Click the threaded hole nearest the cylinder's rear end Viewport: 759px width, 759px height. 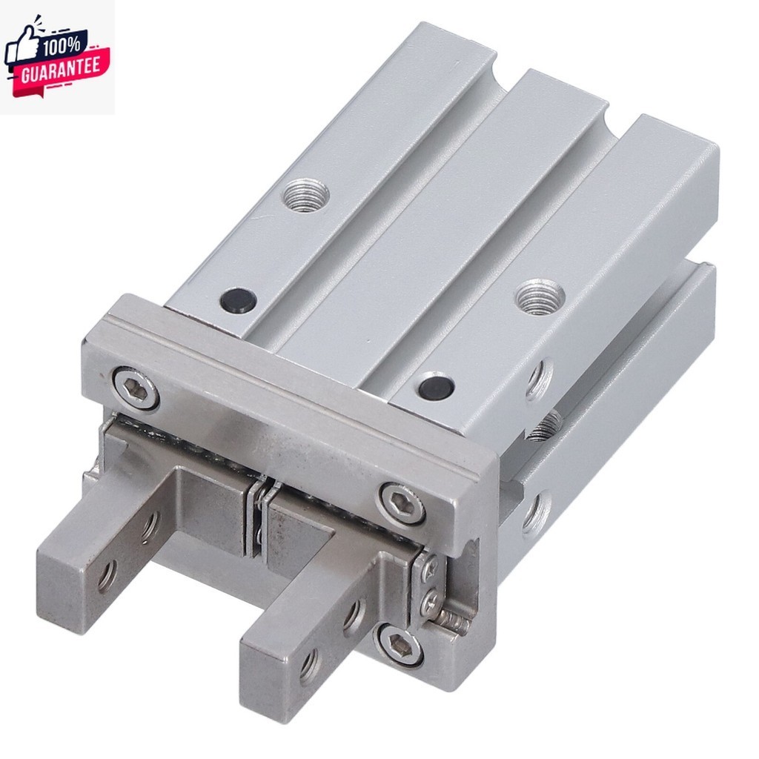pyautogui.click(x=306, y=194)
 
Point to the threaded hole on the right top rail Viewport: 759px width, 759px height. pyautogui.click(x=540, y=296)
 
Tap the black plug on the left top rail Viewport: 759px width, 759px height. pyautogui.click(x=238, y=300)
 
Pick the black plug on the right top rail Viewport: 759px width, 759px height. pyautogui.click(x=436, y=386)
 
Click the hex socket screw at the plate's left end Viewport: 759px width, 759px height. pyautogui.click(x=136, y=388)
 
